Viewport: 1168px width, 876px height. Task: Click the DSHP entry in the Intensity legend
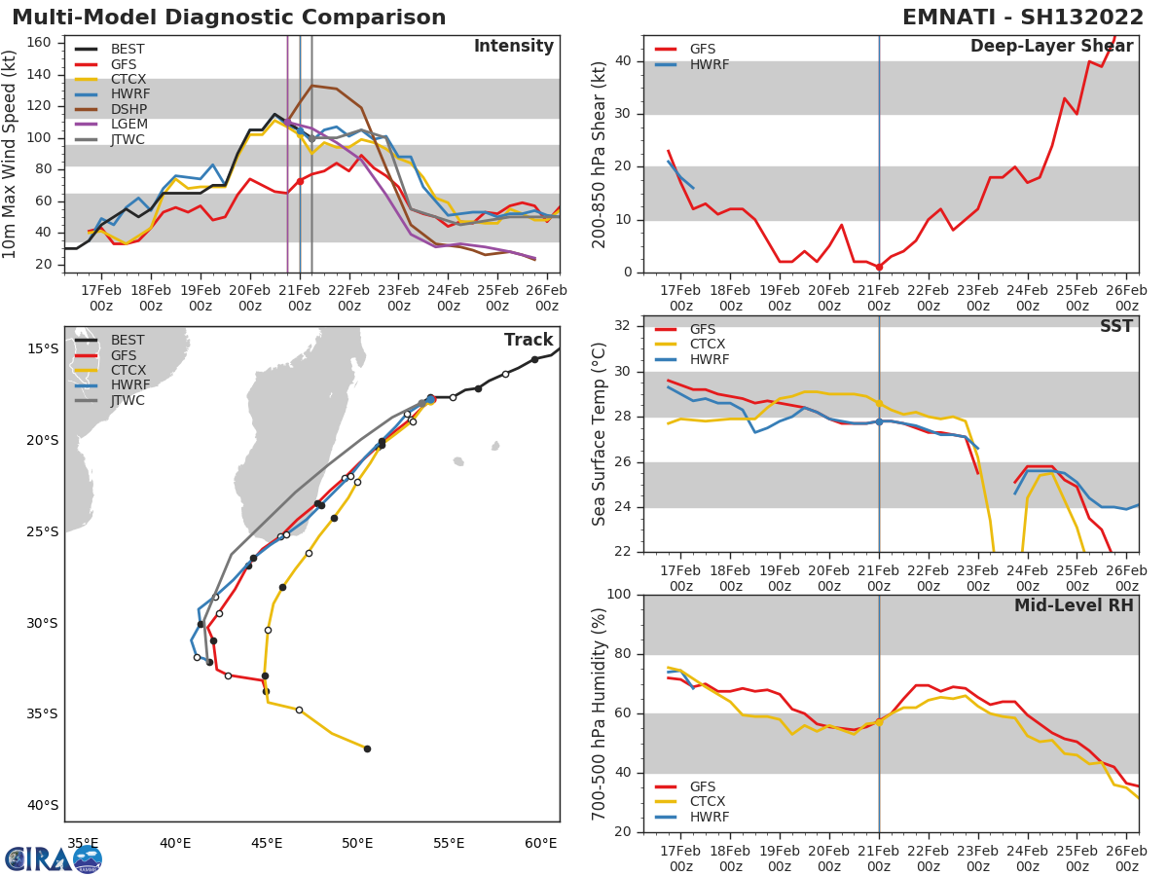[128, 109]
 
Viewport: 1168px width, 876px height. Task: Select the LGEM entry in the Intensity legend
[128, 125]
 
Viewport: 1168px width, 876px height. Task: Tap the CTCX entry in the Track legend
[128, 371]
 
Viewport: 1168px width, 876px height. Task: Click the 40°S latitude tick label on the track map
[43, 805]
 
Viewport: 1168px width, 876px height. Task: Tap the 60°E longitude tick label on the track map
[541, 844]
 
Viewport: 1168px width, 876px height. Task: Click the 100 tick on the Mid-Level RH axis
[621, 595]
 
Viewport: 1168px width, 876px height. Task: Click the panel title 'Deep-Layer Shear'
[1051, 48]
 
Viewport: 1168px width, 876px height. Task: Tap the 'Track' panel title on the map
[529, 340]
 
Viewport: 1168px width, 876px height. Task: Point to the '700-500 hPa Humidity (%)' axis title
[600, 713]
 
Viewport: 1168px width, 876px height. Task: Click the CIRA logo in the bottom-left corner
[53, 858]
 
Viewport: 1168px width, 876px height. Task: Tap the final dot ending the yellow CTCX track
[367, 748]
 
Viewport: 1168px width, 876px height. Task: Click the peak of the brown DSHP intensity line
[311, 86]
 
